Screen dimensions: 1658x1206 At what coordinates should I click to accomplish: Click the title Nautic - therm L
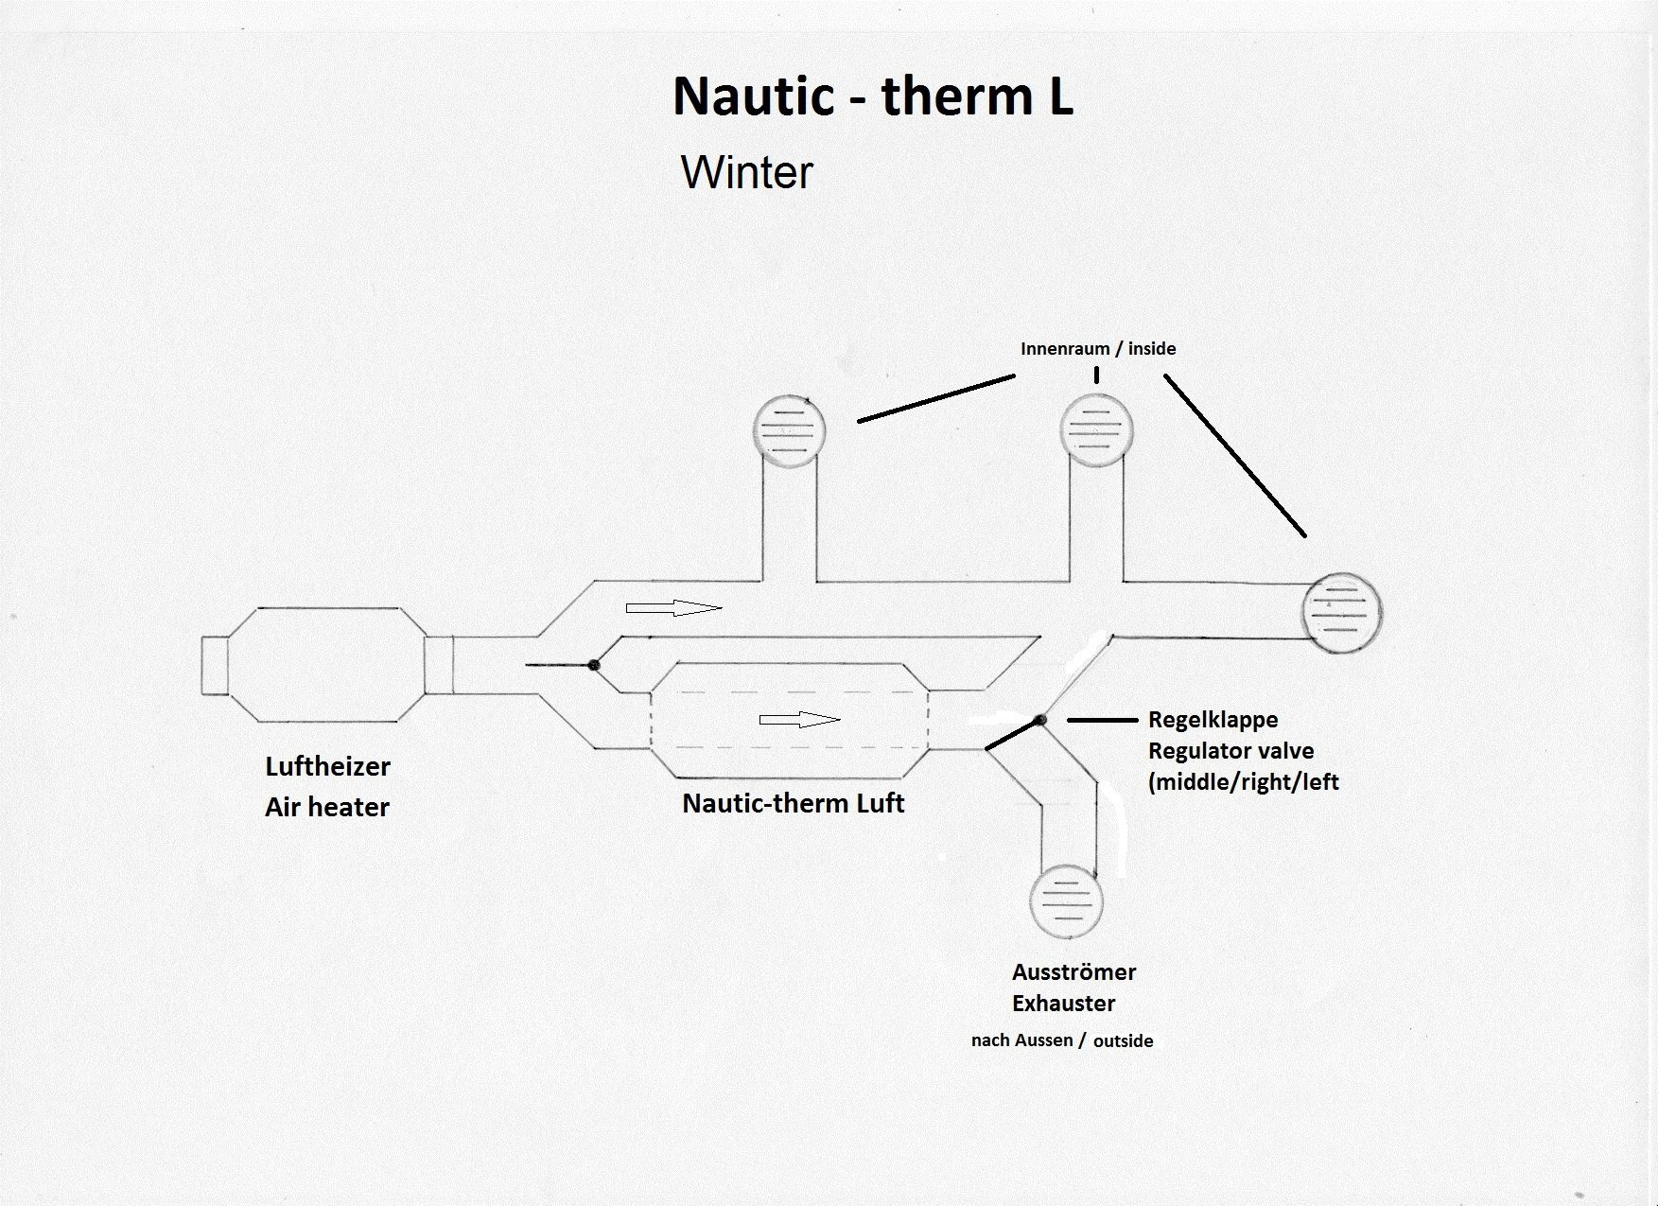[873, 96]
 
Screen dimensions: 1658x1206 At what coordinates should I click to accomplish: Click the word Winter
[747, 172]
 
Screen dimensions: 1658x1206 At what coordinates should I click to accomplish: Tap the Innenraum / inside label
[1098, 349]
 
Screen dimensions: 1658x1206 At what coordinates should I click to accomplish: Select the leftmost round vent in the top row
[789, 431]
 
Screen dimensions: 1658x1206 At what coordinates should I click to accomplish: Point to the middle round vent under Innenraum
[1096, 429]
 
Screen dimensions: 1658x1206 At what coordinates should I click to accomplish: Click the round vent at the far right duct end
[1342, 612]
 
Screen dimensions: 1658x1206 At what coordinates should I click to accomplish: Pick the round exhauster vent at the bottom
[1066, 900]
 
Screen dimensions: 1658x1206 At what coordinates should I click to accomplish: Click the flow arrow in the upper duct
[673, 607]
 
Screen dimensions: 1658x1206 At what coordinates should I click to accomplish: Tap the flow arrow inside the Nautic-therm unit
[800, 720]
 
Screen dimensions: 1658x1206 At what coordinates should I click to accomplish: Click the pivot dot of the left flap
[594, 665]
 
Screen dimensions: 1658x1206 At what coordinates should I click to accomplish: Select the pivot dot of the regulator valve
[1039, 721]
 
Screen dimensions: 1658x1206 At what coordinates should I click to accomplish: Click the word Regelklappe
[1213, 719]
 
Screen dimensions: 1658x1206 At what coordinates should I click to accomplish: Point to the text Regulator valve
[1230, 751]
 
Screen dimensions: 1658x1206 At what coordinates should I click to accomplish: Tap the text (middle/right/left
[1244, 782]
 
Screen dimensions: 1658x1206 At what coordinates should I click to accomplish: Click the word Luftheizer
[327, 766]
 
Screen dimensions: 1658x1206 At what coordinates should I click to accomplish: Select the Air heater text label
[327, 807]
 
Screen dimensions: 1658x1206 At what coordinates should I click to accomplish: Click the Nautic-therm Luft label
[794, 803]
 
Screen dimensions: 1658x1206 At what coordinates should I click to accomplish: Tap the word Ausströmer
[1073, 971]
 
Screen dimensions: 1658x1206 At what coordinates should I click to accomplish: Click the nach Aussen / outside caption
[1062, 1040]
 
